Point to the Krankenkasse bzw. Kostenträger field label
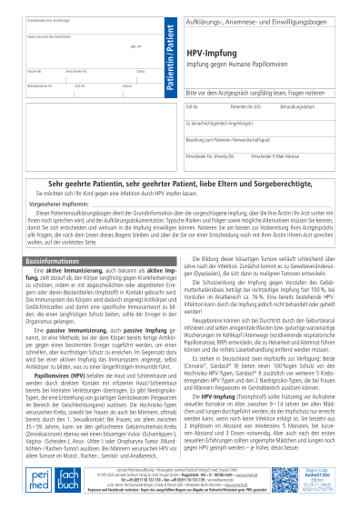tap(45, 18)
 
